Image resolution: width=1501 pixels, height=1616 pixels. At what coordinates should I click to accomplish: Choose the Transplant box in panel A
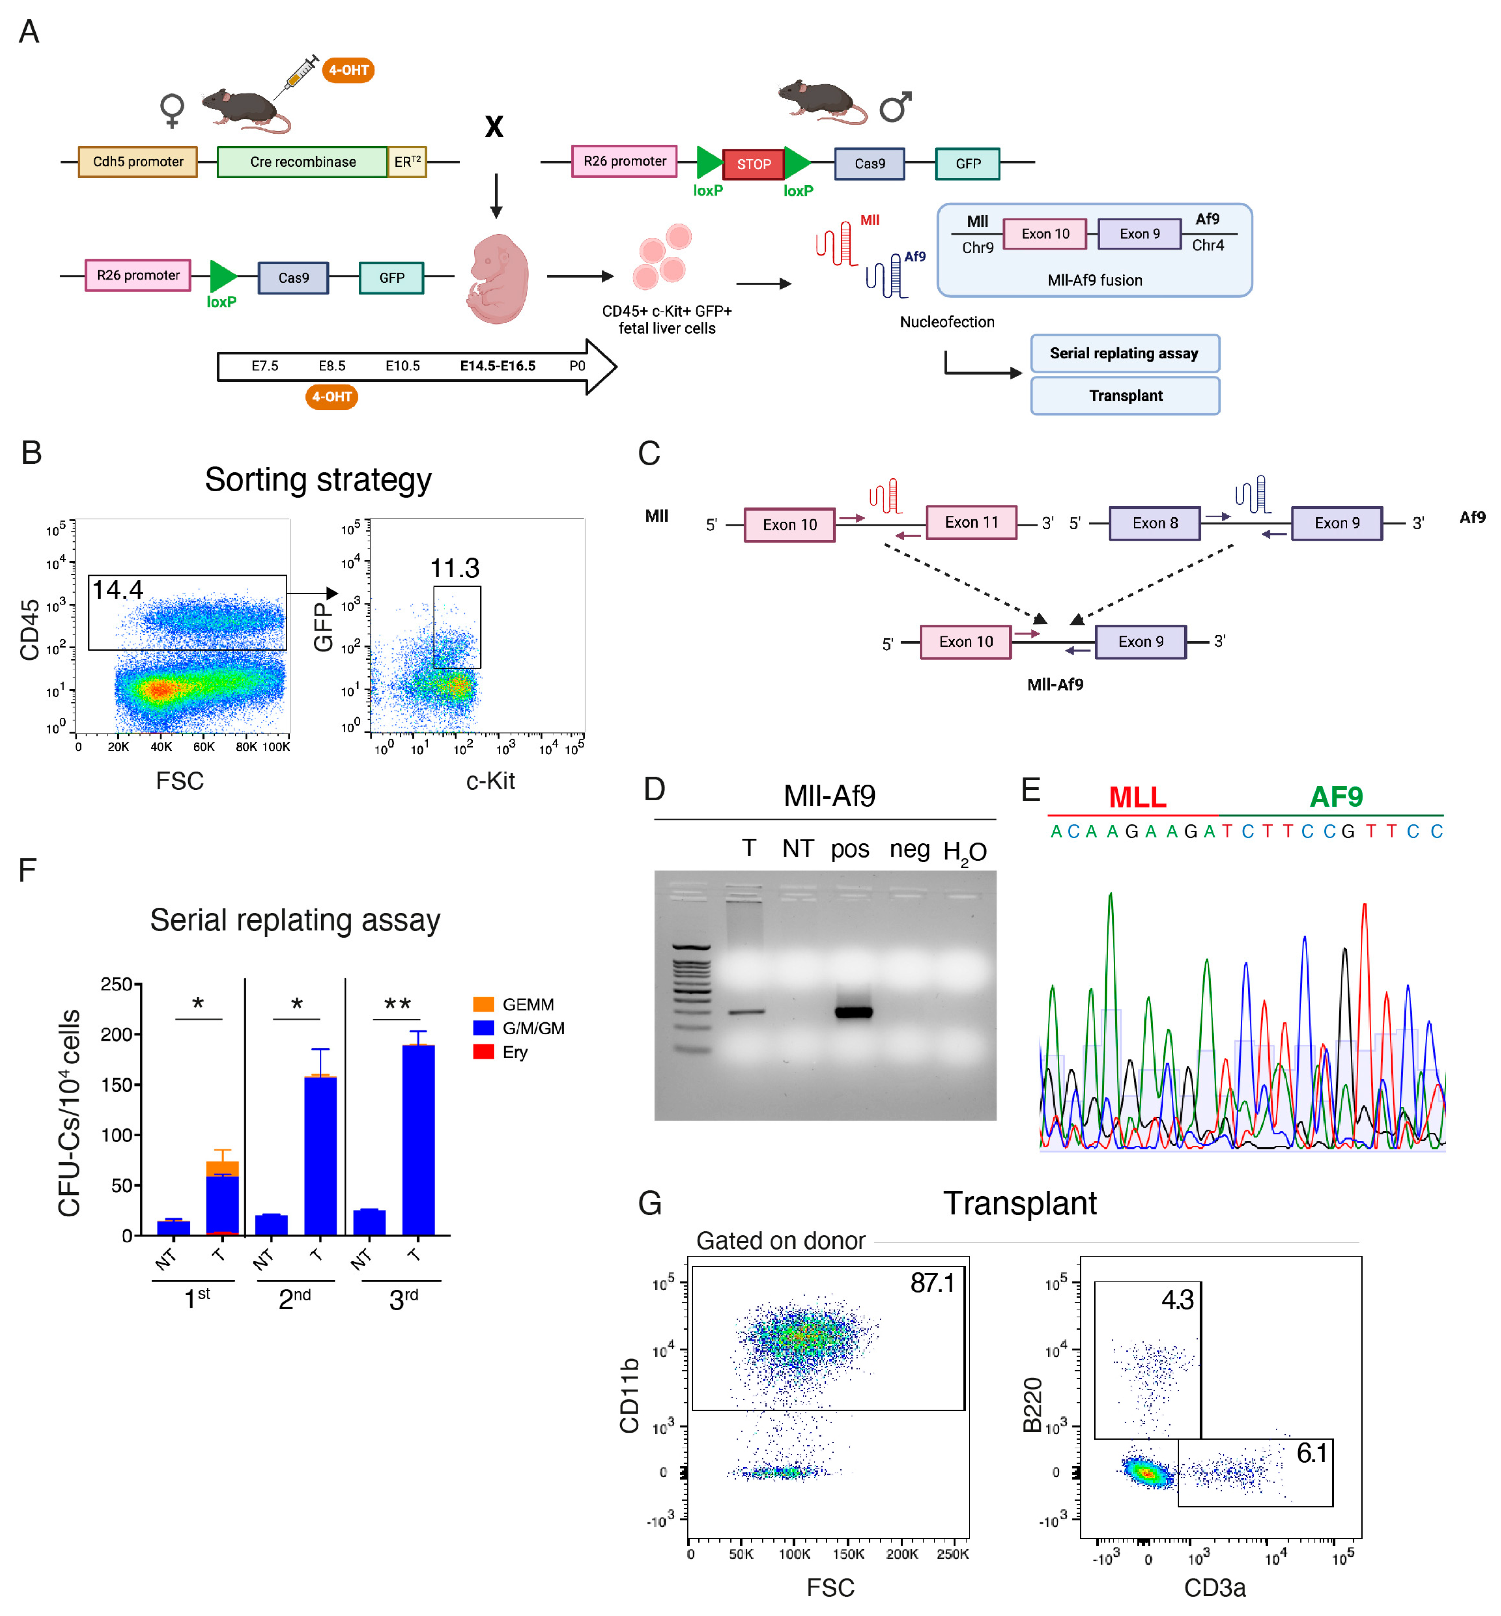[x=1125, y=396]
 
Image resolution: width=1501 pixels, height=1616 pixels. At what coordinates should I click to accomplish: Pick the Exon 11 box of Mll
[x=972, y=522]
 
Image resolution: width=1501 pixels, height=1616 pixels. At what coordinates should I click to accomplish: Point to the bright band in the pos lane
[x=853, y=1012]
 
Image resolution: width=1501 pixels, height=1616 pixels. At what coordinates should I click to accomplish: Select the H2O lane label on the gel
[x=964, y=851]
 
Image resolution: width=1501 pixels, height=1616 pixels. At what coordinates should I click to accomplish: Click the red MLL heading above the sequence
[x=1137, y=797]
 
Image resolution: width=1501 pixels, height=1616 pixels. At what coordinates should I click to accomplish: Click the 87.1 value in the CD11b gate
[x=932, y=1283]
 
